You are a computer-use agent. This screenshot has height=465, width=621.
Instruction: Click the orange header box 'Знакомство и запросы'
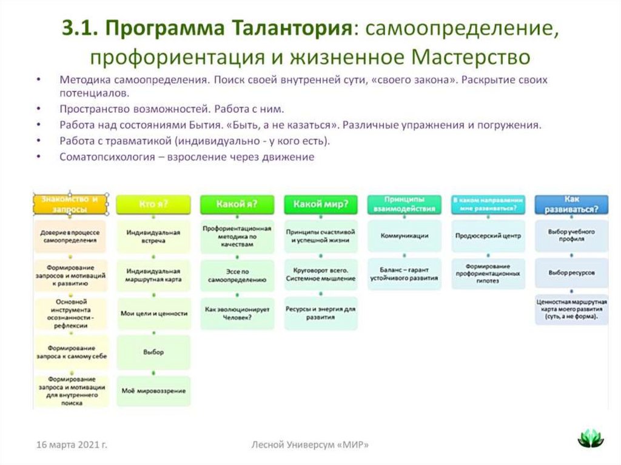[x=70, y=204]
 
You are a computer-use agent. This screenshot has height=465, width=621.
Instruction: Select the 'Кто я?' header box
[x=153, y=204]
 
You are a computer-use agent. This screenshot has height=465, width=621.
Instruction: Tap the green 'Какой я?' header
[x=237, y=204]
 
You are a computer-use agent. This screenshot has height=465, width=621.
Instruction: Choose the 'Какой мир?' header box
[x=320, y=204]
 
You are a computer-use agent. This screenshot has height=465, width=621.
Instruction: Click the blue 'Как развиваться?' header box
[x=572, y=204]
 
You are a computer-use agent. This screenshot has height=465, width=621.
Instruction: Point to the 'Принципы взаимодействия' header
[x=404, y=204]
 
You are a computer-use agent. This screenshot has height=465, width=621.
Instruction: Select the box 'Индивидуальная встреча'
[x=153, y=236]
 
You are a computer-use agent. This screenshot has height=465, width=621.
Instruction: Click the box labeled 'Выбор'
[x=153, y=352]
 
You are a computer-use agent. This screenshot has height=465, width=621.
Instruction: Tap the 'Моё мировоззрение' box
[x=153, y=391]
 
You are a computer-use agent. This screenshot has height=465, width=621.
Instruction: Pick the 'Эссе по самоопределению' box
[x=237, y=276]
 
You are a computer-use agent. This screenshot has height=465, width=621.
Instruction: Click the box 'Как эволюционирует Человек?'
[x=237, y=313]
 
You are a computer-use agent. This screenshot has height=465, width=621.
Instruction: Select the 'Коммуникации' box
[x=404, y=236]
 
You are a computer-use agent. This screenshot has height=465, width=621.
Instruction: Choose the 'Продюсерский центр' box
[x=488, y=236]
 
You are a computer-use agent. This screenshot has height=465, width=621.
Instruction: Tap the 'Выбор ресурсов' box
[x=571, y=273]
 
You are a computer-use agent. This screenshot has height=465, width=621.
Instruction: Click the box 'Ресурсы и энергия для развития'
[x=320, y=313]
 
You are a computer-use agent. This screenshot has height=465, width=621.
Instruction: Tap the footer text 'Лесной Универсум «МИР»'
[x=310, y=445]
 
